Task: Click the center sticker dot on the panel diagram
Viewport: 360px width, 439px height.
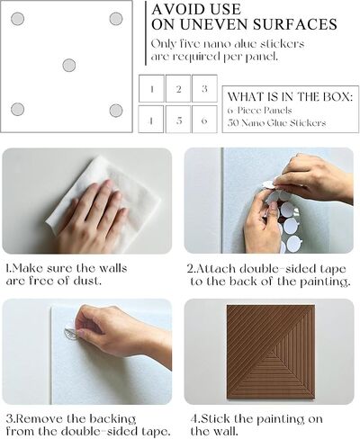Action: (x=69, y=65)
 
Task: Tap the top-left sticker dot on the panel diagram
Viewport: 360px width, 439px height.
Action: (x=17, y=19)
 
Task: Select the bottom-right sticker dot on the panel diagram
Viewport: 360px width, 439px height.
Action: (x=116, y=111)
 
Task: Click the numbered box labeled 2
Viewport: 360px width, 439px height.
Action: (x=178, y=88)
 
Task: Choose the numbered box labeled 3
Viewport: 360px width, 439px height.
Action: (x=204, y=88)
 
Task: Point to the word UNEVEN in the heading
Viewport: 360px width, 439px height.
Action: (x=213, y=24)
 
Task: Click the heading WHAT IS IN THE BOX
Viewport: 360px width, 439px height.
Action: (x=290, y=97)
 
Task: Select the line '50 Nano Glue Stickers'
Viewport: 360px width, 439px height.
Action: (x=276, y=122)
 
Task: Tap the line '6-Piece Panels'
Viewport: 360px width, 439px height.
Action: (x=259, y=111)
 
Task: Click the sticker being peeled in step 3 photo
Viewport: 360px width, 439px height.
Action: (x=71, y=334)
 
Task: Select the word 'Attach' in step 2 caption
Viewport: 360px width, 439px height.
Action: (x=215, y=268)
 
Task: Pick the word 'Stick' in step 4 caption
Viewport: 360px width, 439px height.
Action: (x=215, y=418)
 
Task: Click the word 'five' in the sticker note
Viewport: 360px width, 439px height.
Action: (x=190, y=44)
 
